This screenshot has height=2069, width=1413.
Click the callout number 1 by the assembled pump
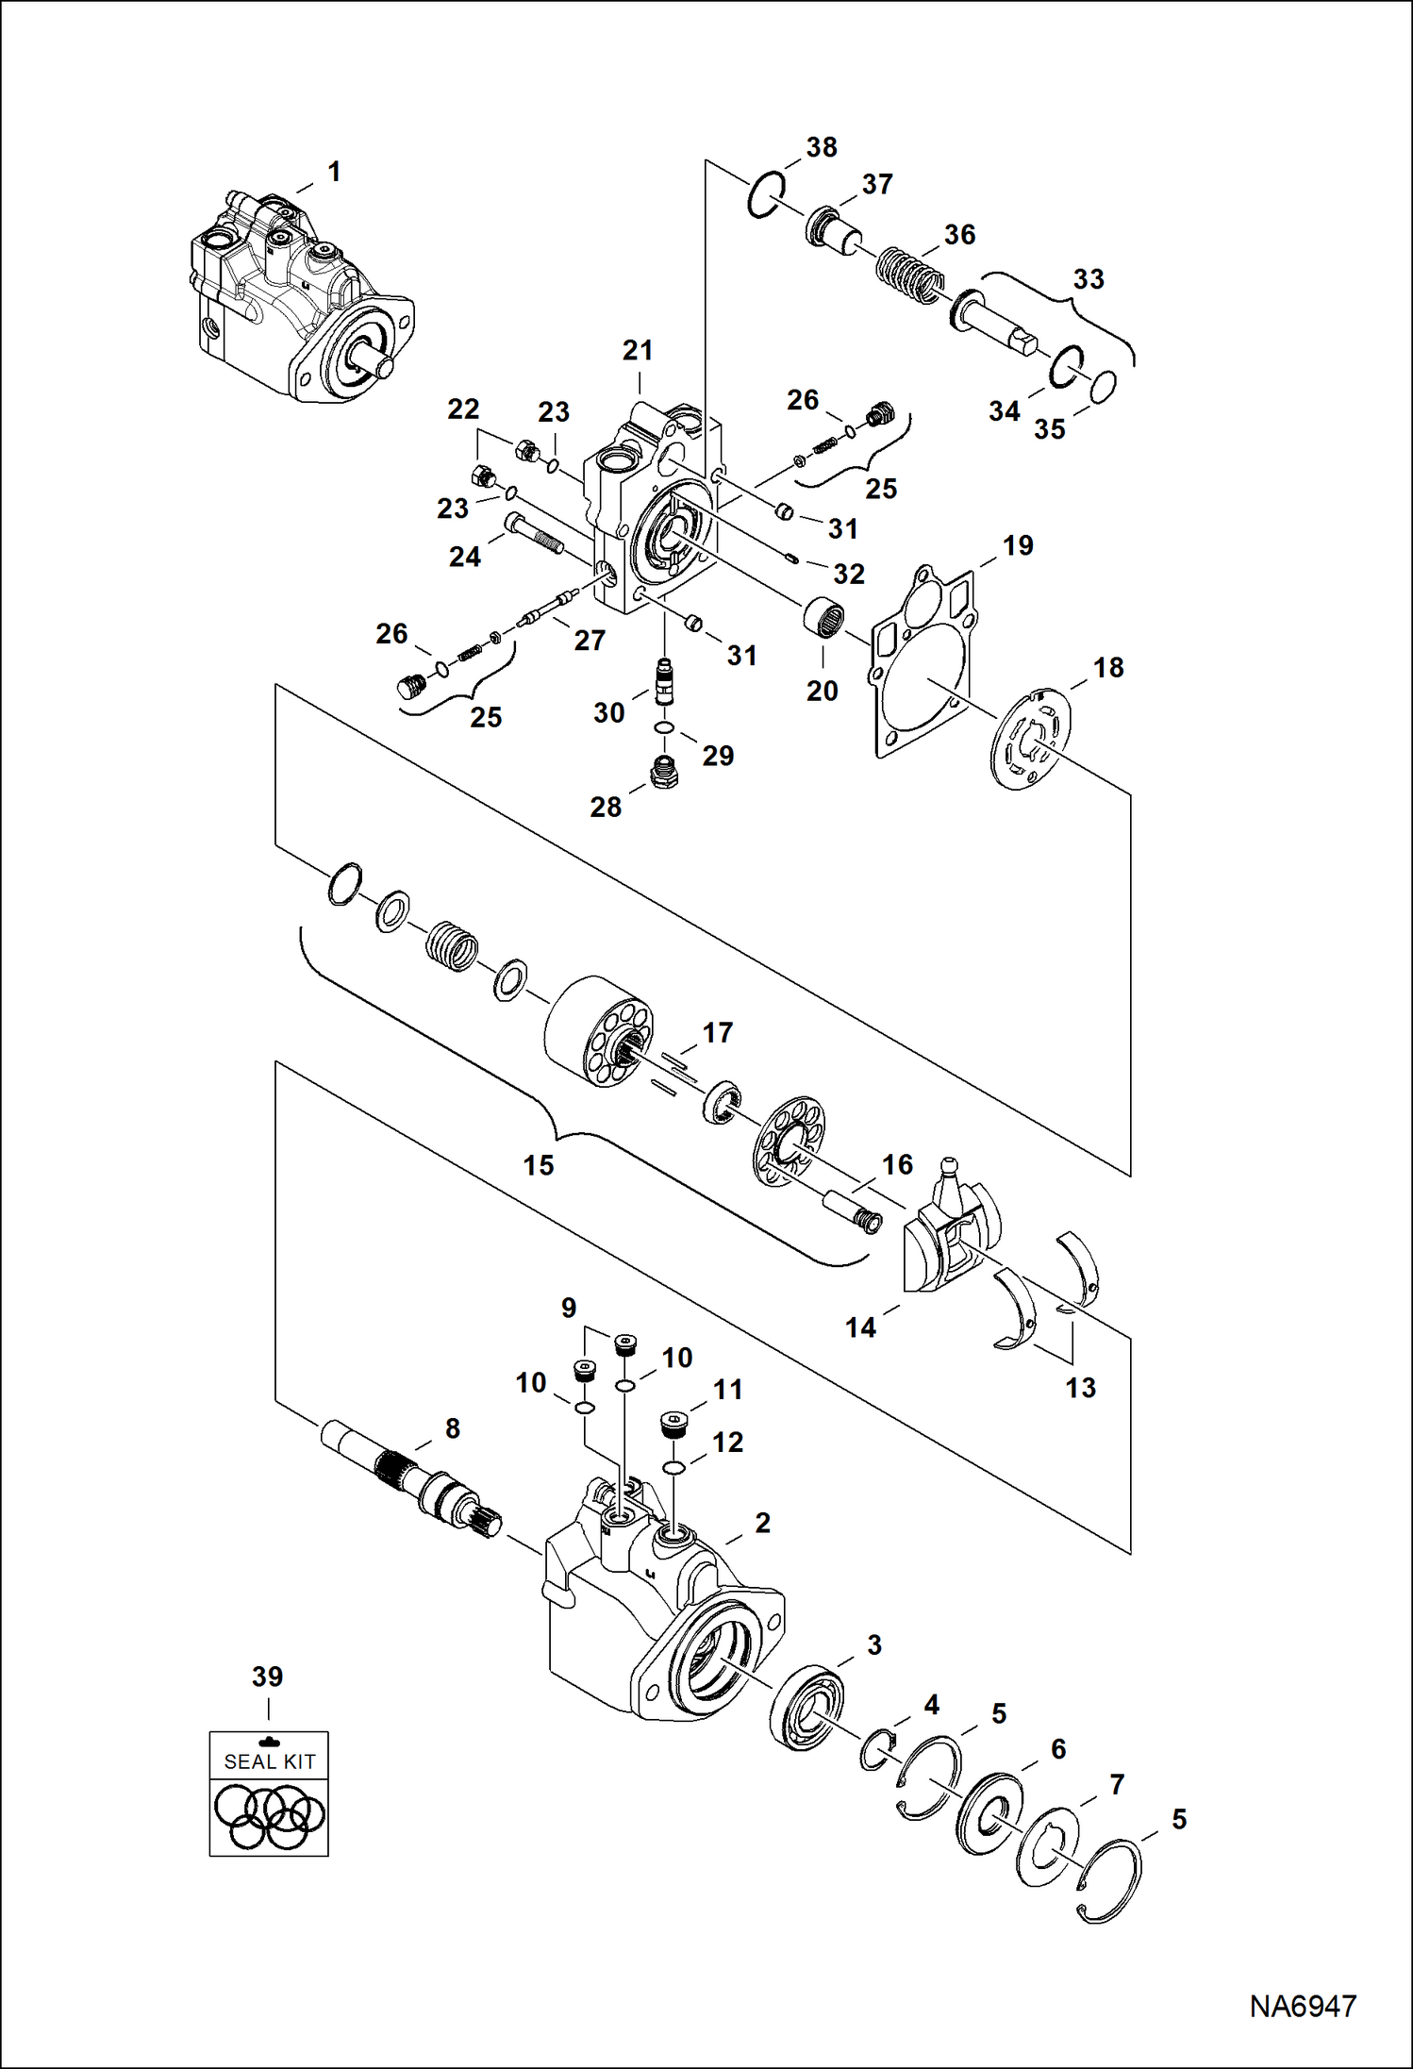pyautogui.click(x=333, y=172)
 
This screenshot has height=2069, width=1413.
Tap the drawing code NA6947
pyautogui.click(x=1303, y=2006)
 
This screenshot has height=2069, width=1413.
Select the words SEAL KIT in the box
pyautogui.click(x=269, y=1760)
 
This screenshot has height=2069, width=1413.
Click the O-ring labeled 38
pyautogui.click(x=765, y=196)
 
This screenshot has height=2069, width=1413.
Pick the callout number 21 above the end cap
pyautogui.click(x=638, y=350)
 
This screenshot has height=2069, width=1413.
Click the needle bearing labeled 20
pyautogui.click(x=822, y=615)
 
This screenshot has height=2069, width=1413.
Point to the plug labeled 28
pyautogui.click(x=665, y=773)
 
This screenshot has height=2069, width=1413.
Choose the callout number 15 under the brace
pyautogui.click(x=539, y=1165)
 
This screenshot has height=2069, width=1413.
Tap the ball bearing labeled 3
pyautogui.click(x=806, y=1709)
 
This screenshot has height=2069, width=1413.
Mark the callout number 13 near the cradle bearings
pyautogui.click(x=1080, y=1388)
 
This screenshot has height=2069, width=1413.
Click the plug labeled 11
pyautogui.click(x=673, y=1425)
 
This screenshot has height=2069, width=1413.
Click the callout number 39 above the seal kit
pyautogui.click(x=267, y=1677)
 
